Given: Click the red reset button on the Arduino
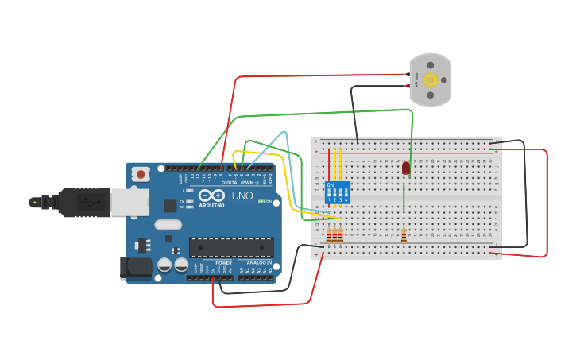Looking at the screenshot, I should [x=141, y=173].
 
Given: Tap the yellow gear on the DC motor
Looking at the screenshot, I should [x=431, y=79].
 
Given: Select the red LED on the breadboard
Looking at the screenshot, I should [x=406, y=168].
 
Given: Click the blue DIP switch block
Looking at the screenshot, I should [x=337, y=192].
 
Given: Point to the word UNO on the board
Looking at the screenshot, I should [x=242, y=195].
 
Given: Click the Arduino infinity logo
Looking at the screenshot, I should [x=211, y=195].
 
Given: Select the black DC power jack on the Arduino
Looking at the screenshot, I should [x=134, y=268].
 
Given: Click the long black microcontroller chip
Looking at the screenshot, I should [x=231, y=247].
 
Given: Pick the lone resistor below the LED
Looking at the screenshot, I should [x=404, y=235].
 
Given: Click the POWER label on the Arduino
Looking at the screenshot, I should [x=223, y=262].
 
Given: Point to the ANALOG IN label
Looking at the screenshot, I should [x=258, y=262].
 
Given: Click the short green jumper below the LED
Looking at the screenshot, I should [x=404, y=198].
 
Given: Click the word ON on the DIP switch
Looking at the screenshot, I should [x=331, y=185].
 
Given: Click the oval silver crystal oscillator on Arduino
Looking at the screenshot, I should [x=168, y=225].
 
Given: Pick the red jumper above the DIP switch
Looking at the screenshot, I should [x=329, y=164].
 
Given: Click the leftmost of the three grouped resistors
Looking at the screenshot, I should [x=329, y=235].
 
